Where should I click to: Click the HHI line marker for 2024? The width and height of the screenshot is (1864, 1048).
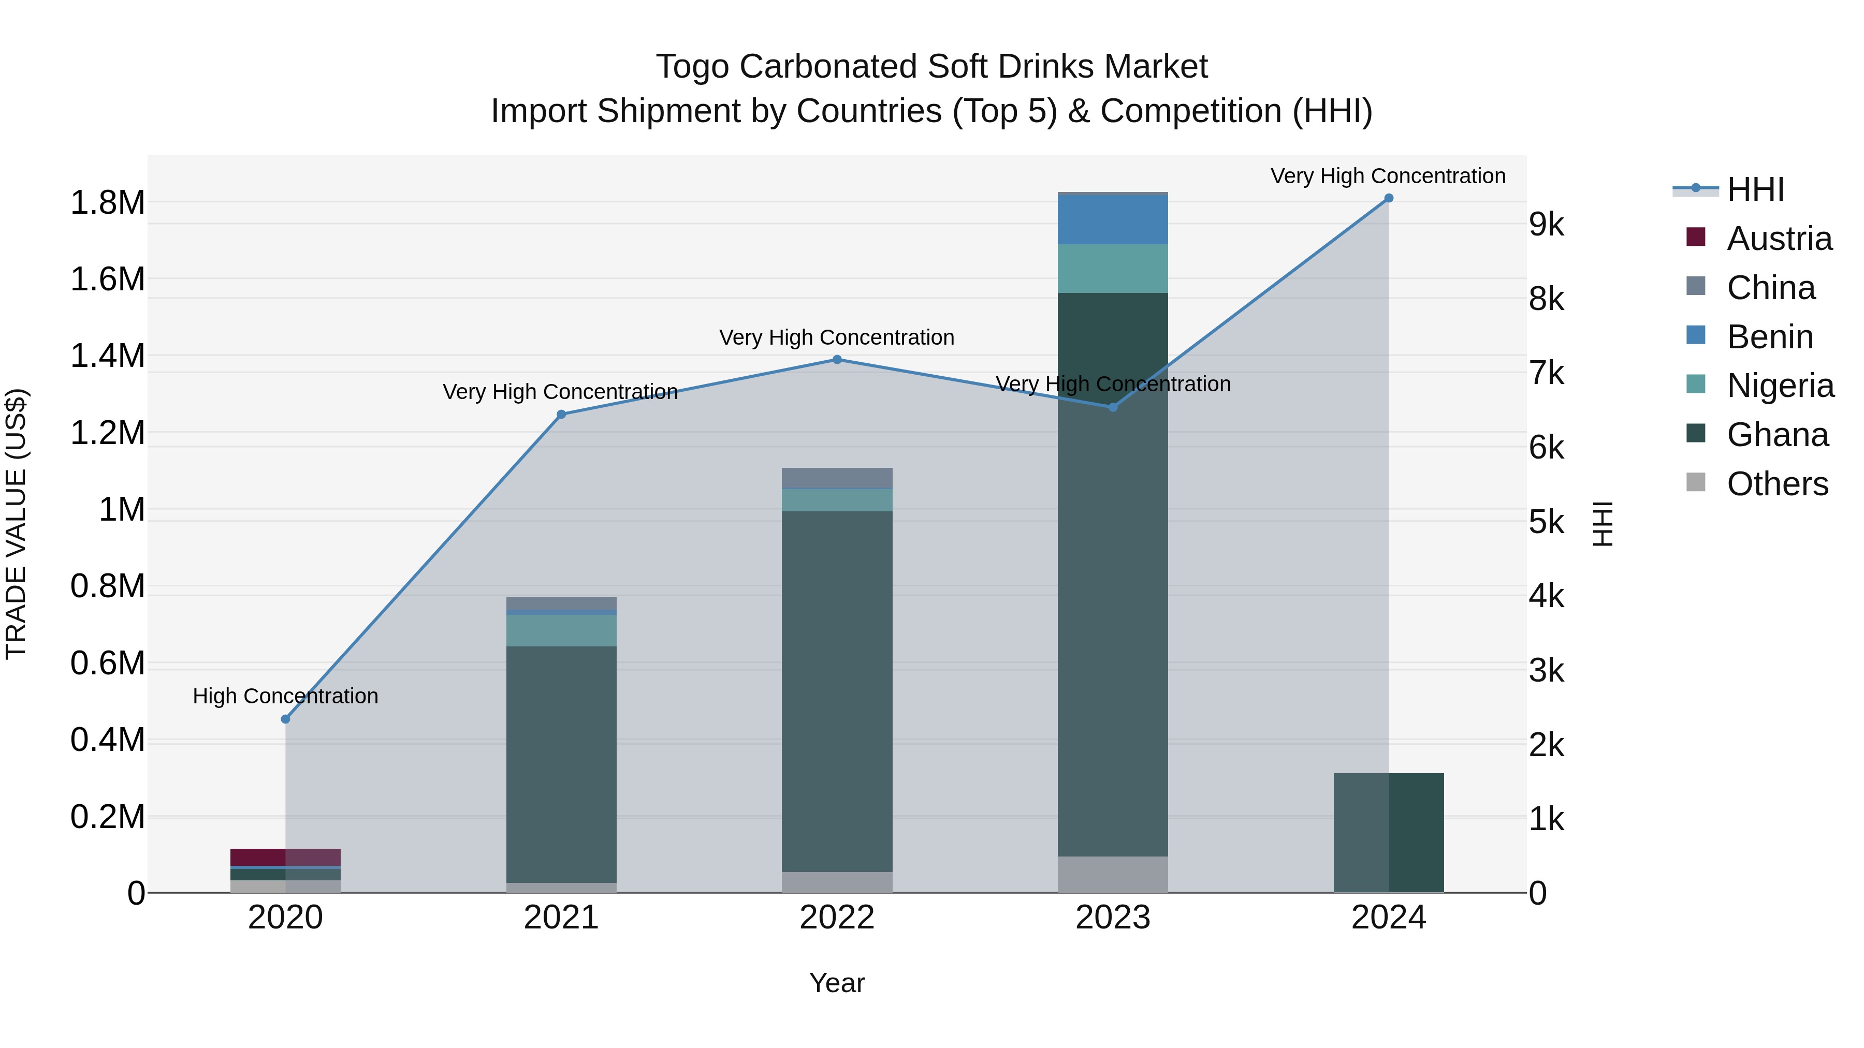click(1388, 198)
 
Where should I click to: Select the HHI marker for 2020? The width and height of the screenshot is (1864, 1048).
click(285, 719)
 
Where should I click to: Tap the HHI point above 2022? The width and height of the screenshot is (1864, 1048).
click(837, 360)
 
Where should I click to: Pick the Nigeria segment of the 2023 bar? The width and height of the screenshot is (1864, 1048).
click(1112, 268)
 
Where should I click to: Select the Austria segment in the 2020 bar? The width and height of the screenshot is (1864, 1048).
click(285, 857)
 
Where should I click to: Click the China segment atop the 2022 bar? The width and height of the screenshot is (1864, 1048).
click(837, 478)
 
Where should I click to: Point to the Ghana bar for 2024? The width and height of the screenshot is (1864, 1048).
click(1388, 833)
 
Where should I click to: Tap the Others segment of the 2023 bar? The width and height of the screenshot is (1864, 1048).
click(1112, 875)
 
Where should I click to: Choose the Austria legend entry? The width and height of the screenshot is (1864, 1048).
click(1779, 239)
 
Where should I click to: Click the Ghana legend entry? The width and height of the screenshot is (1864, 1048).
click(1776, 435)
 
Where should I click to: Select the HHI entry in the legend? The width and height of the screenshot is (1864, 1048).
click(1755, 189)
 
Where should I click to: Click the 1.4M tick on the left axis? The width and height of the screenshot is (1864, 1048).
click(107, 356)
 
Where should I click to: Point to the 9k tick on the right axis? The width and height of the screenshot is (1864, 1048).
click(1546, 225)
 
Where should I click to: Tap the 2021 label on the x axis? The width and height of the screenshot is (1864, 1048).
click(561, 918)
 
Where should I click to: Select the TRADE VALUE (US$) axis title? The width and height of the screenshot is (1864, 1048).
click(16, 524)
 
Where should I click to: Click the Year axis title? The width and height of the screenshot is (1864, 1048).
click(837, 983)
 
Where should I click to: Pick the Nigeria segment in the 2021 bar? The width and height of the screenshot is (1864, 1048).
click(561, 630)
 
